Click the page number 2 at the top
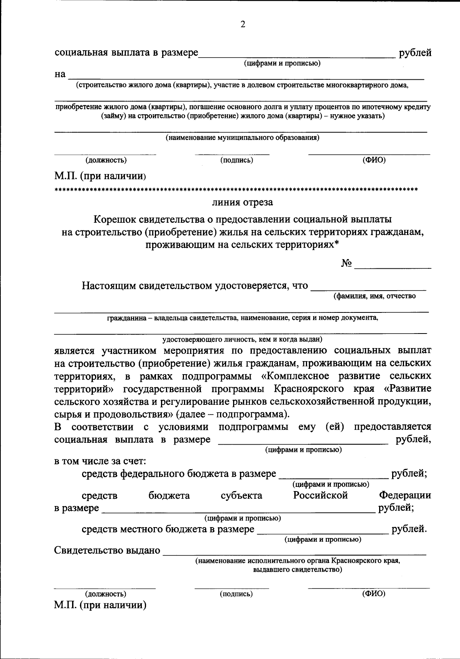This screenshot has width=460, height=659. [242, 25]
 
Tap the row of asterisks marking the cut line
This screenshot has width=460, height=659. [236, 189]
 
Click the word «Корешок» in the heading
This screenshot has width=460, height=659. [114, 219]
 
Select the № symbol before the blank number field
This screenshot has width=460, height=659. [346, 264]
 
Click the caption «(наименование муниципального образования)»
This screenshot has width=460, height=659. [242, 137]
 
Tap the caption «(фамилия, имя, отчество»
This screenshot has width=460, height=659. [375, 296]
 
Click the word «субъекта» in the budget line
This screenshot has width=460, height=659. [242, 495]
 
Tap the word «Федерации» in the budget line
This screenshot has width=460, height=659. [405, 495]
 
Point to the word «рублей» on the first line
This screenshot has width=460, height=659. [415, 53]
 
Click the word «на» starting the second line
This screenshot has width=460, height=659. [60, 74]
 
